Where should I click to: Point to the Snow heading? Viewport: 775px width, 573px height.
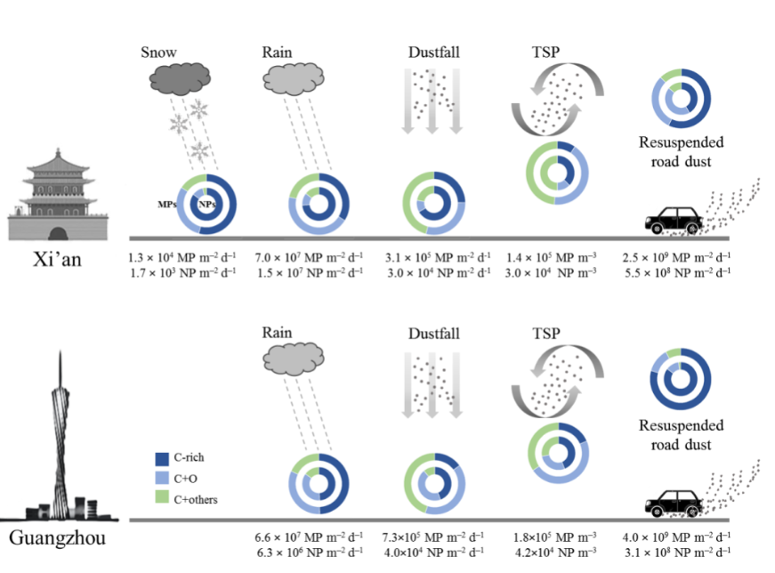tap(159, 52)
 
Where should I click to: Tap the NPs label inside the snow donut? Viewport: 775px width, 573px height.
tap(207, 205)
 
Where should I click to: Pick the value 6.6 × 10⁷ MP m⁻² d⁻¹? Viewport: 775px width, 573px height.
tap(309, 537)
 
